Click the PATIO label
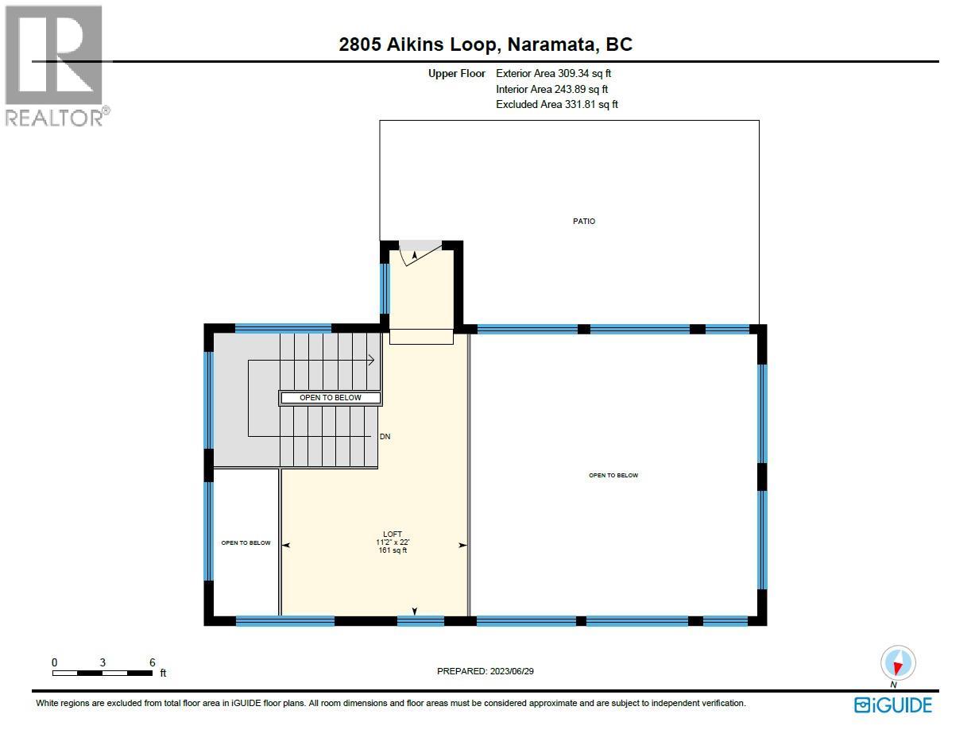584,222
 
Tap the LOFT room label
393,534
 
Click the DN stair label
385,437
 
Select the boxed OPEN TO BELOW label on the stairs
330,398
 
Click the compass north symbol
898,663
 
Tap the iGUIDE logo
893,704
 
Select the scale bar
103,674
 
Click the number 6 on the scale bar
152,662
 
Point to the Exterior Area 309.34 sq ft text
553,74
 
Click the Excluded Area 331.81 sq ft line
556,104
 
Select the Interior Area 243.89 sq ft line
552,89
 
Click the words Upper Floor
457,74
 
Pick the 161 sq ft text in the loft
393,550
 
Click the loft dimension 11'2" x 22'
393,542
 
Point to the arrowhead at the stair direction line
371,361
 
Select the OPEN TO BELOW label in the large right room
613,476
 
